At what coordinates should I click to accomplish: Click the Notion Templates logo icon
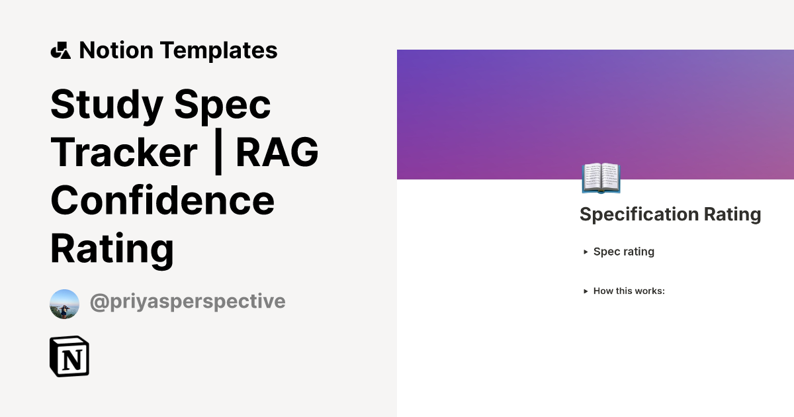coord(60,50)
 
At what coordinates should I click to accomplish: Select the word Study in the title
coord(107,104)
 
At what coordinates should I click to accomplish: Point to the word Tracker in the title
coord(124,152)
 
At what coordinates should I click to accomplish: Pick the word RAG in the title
coord(277,152)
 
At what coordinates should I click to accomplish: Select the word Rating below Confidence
coord(112,248)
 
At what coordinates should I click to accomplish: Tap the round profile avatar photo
coord(64,304)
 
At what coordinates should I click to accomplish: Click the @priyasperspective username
coord(187,302)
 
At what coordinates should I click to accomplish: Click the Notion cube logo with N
coord(69,356)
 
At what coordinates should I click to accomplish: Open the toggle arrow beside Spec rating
coord(586,252)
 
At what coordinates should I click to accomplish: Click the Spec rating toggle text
coord(623,252)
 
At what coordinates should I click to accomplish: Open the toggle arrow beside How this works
coord(586,291)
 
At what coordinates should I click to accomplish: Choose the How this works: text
coord(629,291)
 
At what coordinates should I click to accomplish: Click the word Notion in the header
coord(116,50)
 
